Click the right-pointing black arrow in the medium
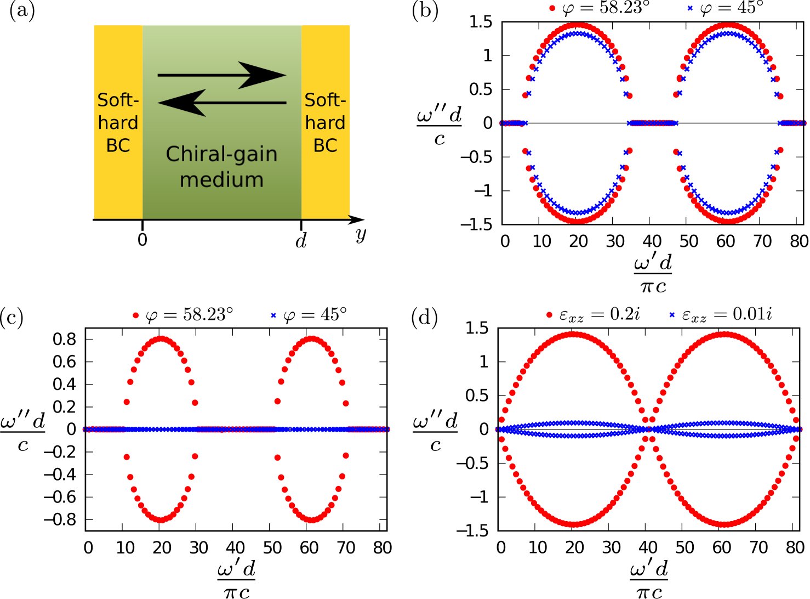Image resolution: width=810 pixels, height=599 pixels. [222, 75]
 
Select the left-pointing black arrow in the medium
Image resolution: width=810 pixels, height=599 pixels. [222, 103]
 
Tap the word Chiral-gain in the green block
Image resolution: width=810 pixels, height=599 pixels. [221, 154]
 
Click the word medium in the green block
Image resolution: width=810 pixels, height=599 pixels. [221, 180]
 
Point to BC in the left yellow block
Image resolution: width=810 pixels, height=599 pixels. [118, 145]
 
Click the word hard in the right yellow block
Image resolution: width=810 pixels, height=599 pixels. [325, 123]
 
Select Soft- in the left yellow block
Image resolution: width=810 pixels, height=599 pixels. [118, 100]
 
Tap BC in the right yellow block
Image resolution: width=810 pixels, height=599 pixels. [325, 145]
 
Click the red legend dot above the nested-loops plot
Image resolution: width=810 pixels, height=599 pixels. [552, 8]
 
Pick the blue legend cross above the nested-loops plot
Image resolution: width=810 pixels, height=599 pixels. [690, 8]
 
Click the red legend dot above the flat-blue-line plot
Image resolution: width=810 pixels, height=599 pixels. [136, 315]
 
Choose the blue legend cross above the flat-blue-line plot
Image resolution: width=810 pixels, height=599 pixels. [273, 315]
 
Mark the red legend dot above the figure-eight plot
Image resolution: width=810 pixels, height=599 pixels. [549, 315]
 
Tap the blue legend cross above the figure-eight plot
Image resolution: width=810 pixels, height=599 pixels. [672, 315]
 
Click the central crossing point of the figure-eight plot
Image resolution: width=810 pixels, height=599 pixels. [649, 430]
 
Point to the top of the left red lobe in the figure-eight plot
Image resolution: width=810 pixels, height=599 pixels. [573, 334]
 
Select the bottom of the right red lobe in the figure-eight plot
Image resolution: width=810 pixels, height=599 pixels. [725, 524]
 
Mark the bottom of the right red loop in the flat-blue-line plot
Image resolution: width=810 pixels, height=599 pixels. [311, 519]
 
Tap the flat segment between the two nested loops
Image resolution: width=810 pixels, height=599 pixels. [653, 123]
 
